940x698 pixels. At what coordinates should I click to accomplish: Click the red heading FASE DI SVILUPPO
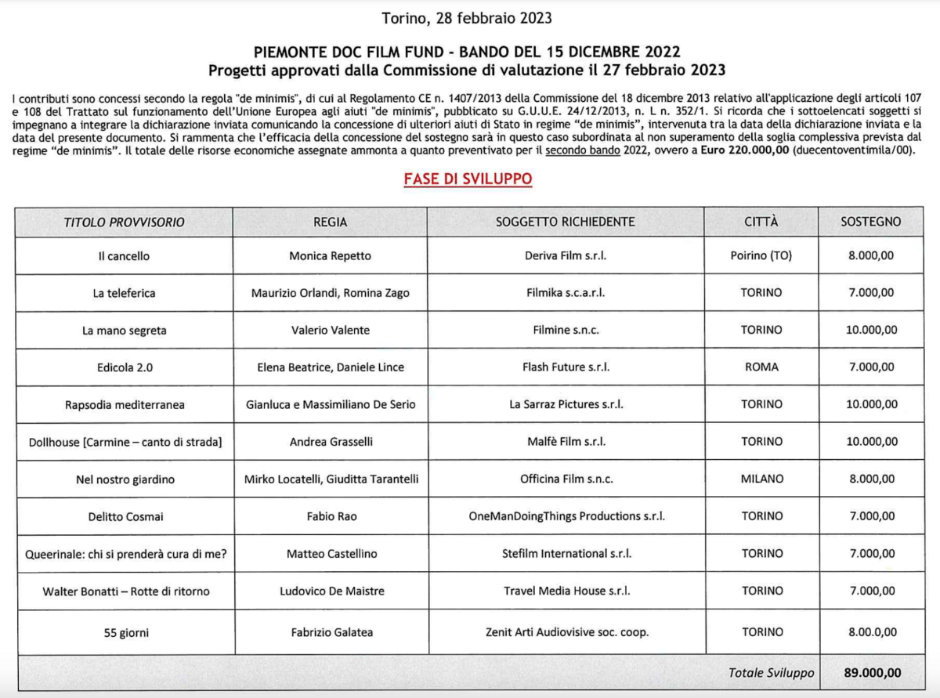tap(468, 179)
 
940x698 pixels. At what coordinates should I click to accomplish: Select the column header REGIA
tap(330, 222)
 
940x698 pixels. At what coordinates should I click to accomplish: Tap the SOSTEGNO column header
tap(871, 222)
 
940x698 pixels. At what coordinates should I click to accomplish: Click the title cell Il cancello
tap(124, 256)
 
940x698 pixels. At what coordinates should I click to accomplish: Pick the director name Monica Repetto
tap(330, 256)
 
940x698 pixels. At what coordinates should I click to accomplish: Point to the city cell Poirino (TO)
tap(761, 256)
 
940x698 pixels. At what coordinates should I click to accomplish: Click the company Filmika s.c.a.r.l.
tap(565, 293)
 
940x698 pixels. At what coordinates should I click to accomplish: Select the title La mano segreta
tap(124, 331)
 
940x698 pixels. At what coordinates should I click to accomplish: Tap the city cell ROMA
tap(761, 367)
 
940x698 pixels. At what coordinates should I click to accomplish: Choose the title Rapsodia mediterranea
tap(124, 404)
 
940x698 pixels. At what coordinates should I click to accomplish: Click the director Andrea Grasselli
tap(330, 442)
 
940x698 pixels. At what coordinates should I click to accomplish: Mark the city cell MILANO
tap(761, 479)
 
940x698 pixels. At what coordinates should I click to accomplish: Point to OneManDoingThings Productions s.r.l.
tap(565, 516)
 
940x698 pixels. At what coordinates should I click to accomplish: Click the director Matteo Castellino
tap(330, 554)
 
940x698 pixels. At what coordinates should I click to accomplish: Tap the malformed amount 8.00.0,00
tap(871, 632)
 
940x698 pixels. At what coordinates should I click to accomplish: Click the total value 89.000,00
tap(871, 673)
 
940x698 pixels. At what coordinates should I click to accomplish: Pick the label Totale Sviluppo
tap(771, 673)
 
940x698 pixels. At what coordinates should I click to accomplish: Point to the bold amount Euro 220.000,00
tap(746, 151)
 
